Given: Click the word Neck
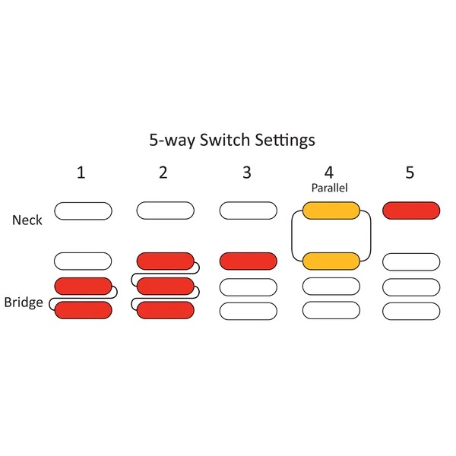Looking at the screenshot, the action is point(27,220).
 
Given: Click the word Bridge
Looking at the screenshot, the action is point(24,302).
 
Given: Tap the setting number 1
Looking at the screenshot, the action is point(81,173).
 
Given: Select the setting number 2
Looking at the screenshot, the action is point(163,173).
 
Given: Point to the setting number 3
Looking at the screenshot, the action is point(247,173).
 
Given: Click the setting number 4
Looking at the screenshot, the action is point(329,173).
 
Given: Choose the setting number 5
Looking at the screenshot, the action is point(410,173).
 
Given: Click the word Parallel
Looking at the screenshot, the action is point(330,188).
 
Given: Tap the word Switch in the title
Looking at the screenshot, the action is point(225,140).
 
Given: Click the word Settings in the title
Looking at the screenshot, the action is point(285,141).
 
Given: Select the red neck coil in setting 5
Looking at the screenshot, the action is point(411,211).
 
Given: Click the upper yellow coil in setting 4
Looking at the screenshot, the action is point(331,211).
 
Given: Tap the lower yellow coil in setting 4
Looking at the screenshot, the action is point(331,261).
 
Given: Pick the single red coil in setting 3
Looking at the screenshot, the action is point(249,261).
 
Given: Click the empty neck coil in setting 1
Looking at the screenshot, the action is point(83,211).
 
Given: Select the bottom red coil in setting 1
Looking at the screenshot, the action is point(83,310).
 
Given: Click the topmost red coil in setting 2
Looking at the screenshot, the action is point(166,261).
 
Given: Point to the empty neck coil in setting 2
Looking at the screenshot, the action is point(166,211).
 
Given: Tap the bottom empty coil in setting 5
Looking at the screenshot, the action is point(411,312).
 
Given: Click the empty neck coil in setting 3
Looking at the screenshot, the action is point(249,211).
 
